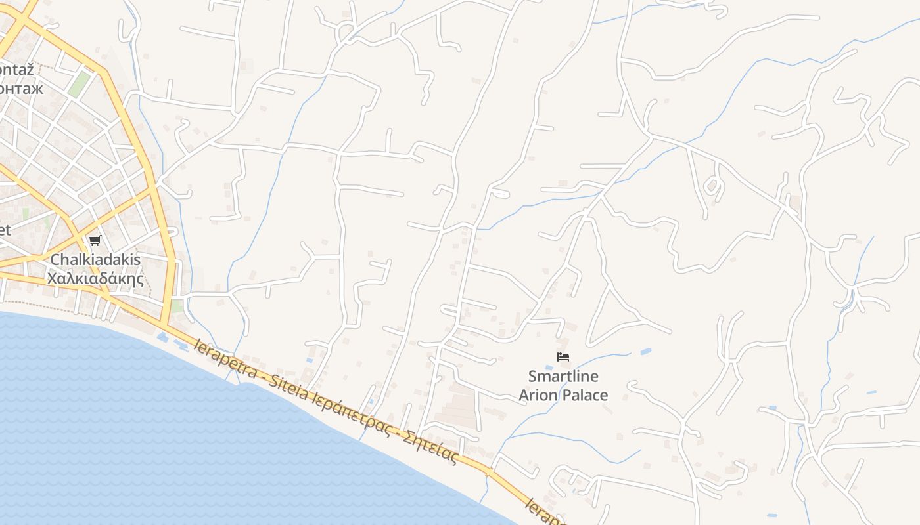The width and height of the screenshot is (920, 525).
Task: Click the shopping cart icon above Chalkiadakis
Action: coord(95,240)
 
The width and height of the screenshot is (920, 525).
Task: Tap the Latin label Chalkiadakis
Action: coord(95,260)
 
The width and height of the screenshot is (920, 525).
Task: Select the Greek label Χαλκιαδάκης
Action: coord(95,278)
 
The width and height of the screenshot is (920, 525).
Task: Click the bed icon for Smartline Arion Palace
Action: coord(563,357)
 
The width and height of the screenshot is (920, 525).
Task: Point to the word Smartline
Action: coord(563,377)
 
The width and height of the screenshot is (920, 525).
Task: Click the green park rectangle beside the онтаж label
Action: coord(79,85)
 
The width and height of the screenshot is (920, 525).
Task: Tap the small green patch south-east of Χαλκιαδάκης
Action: coord(176,306)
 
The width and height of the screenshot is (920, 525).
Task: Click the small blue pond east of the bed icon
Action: coord(645,352)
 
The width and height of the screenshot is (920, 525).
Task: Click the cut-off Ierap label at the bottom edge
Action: coord(544,513)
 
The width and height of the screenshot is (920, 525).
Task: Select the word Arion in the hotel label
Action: coord(540,395)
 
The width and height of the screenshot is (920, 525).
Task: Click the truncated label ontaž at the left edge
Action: coord(16,69)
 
